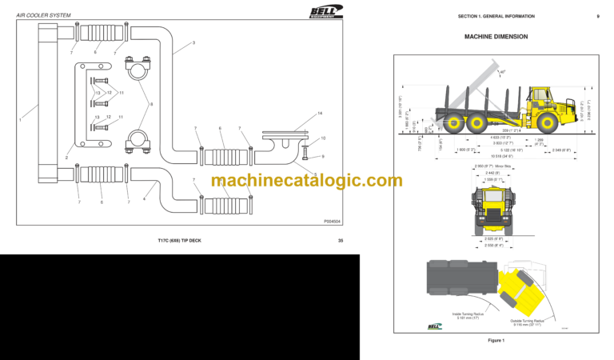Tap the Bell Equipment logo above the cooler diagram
pyautogui.click(x=326, y=11)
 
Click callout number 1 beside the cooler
pyautogui.click(x=20, y=119)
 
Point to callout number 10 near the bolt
pyautogui.click(x=323, y=138)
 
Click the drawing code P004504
pyautogui.click(x=332, y=220)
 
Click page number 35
pyautogui.click(x=340, y=240)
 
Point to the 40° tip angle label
pyautogui.click(x=502, y=72)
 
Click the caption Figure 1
pyautogui.click(x=496, y=340)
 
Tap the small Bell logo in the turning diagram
pyautogui.click(x=435, y=326)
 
